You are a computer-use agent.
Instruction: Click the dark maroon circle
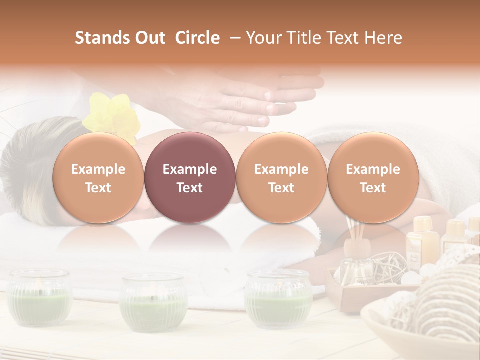pyautogui.click(x=190, y=177)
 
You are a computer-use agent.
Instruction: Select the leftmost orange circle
pyautogui.click(x=98, y=177)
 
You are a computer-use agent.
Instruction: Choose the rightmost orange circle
pyautogui.click(x=373, y=177)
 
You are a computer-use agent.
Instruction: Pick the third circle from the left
pyautogui.click(x=281, y=177)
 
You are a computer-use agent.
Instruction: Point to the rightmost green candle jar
pyautogui.click(x=278, y=298)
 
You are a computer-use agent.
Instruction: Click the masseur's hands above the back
pyautogui.click(x=250, y=100)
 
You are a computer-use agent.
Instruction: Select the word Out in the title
pyautogui.click(x=149, y=38)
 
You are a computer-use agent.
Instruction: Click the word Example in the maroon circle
pyautogui.click(x=190, y=169)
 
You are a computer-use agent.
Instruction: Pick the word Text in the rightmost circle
pyautogui.click(x=373, y=188)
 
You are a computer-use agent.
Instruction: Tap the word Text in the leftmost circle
pyautogui.click(x=98, y=188)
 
